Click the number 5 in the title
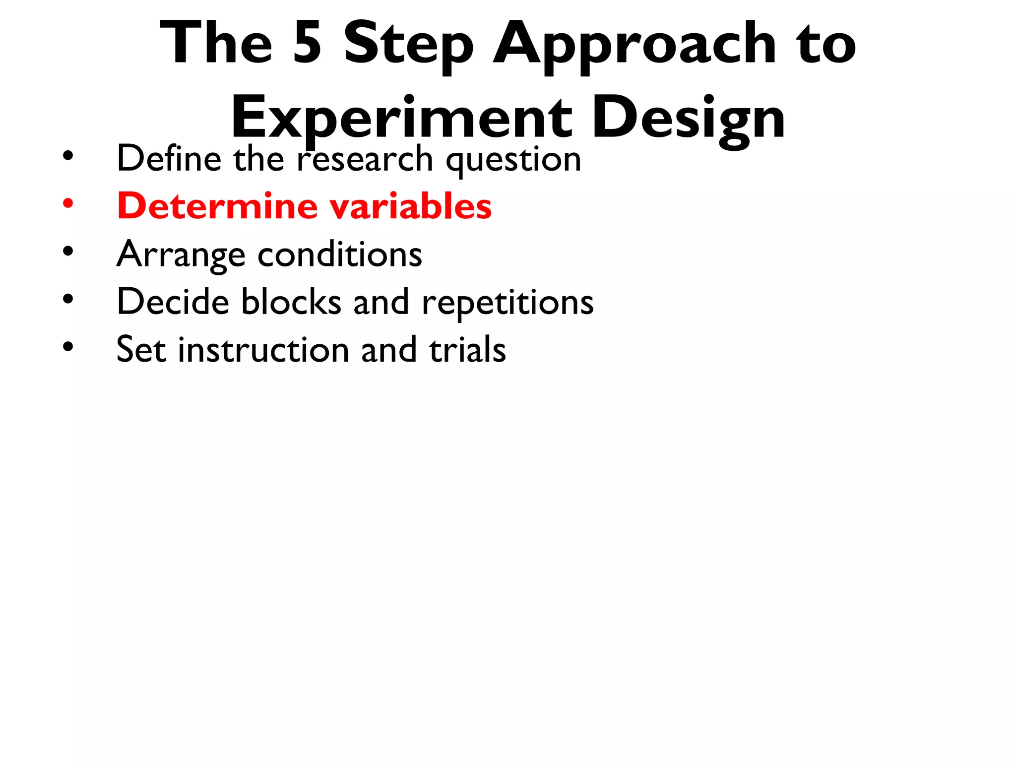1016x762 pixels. pyautogui.click(x=307, y=44)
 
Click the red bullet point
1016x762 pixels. pyautogui.click(x=68, y=203)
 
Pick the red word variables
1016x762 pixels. pyautogui.click(x=411, y=206)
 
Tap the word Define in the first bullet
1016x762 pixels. pyautogui.click(x=169, y=159)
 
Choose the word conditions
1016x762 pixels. pyautogui.click(x=340, y=254)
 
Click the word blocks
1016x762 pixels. pyautogui.click(x=291, y=302)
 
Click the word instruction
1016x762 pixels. pyautogui.click(x=263, y=350)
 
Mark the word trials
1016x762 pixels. pyautogui.click(x=467, y=350)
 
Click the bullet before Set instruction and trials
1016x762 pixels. pyautogui.click(x=68, y=347)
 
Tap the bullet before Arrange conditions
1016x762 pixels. pyautogui.click(x=68, y=251)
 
